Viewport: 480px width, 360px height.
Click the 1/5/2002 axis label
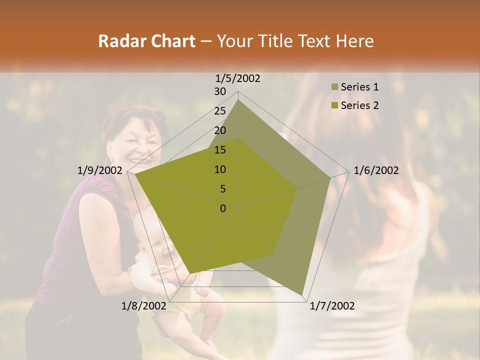[237, 78]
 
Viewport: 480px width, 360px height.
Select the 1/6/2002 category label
[376, 170]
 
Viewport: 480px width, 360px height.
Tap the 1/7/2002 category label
[332, 306]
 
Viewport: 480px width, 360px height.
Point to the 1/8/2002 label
[143, 306]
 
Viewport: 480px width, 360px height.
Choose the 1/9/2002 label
[99, 170]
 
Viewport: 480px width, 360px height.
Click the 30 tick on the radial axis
[220, 91]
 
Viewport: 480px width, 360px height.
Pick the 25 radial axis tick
[220, 111]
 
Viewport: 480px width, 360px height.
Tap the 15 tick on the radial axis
[220, 150]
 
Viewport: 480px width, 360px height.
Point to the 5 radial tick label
[222, 189]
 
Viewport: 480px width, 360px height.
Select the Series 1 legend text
[359, 87]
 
